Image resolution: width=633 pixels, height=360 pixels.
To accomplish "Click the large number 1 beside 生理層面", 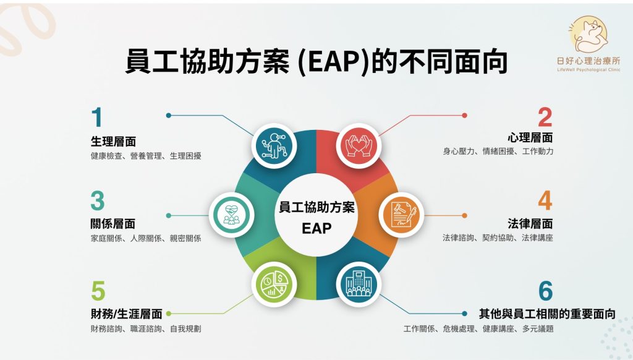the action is (x=97, y=117).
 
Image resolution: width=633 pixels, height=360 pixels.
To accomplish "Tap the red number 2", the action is (x=545, y=117).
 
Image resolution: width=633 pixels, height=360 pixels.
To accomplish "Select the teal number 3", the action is (x=98, y=201).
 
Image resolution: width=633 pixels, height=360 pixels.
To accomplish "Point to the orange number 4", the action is (x=545, y=200).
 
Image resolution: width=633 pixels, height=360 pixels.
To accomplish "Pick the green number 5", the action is (x=98, y=291).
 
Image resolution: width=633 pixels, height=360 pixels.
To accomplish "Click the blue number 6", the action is (x=545, y=291).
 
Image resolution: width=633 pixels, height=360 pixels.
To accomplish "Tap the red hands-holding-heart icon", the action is (x=358, y=146).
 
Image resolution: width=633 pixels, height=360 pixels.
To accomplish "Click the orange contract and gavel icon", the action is (x=401, y=215).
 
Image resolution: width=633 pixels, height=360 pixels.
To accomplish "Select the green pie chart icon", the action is (x=274, y=284).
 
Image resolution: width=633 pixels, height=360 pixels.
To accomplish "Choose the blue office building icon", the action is (x=358, y=284).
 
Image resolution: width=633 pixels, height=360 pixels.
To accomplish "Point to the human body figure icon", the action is (x=274, y=145).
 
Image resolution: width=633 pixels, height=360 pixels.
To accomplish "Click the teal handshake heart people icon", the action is (x=231, y=215).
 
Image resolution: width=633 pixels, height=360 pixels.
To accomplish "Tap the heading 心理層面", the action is (x=530, y=138).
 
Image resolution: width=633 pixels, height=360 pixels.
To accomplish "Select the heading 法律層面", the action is (x=530, y=223).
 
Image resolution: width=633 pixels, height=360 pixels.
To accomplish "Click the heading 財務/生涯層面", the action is (x=126, y=314).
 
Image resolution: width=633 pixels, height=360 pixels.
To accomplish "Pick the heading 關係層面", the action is (x=113, y=223).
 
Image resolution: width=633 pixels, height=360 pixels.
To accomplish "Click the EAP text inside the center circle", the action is (x=316, y=228).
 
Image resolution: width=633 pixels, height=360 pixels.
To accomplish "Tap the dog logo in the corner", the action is (x=588, y=35).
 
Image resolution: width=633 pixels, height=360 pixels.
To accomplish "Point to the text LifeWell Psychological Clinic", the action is (x=588, y=70).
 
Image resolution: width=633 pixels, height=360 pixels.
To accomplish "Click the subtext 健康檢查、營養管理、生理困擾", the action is (x=146, y=156).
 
